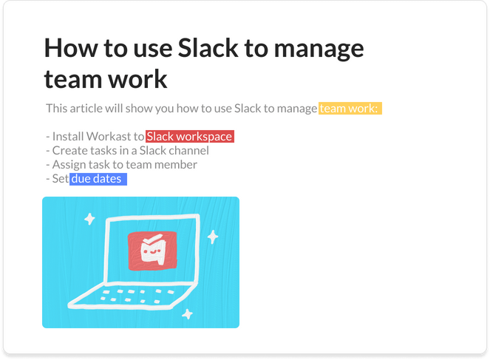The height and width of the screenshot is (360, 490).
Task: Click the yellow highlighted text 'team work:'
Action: [350, 109]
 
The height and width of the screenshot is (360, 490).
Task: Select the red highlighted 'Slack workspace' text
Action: [190, 137]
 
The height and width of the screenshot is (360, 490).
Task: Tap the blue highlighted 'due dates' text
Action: [97, 179]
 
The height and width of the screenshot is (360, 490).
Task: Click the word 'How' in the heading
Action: [72, 49]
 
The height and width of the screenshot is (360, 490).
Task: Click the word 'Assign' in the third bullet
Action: [69, 165]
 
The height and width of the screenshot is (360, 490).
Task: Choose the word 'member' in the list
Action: [175, 165]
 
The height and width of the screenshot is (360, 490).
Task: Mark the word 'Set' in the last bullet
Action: [60, 179]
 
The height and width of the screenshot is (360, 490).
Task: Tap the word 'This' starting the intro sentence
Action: [56, 109]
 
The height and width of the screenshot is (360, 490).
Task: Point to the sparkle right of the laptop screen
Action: [213, 237]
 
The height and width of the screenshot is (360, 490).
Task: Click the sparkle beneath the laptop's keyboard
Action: [188, 313]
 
